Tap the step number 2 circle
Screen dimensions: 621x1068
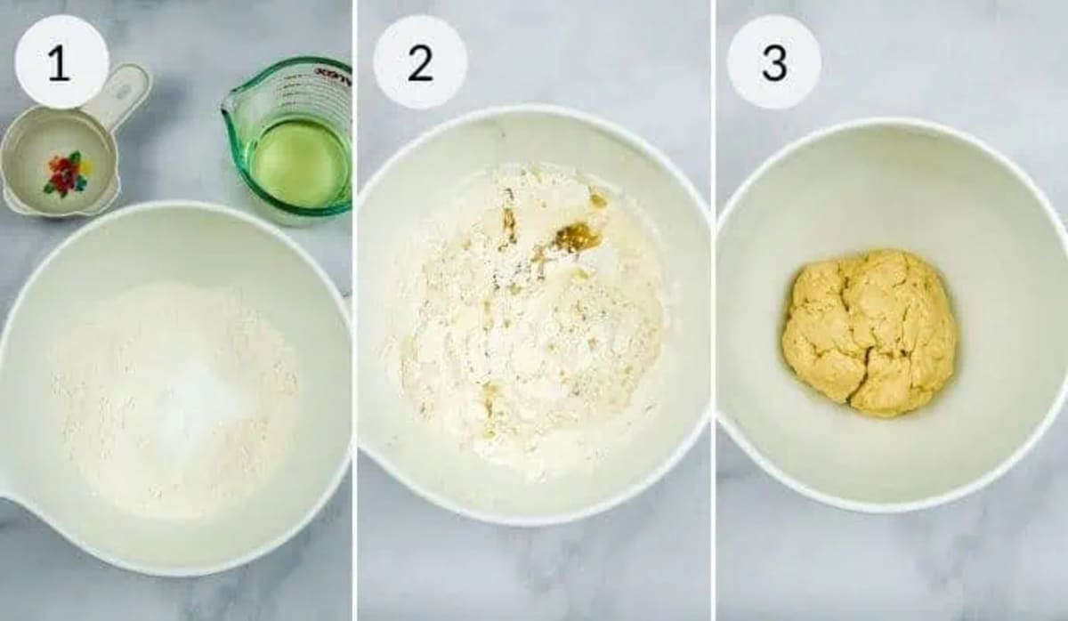(x=419, y=62)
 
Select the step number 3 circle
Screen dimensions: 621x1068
(x=773, y=62)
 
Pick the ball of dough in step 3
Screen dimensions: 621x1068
(x=868, y=332)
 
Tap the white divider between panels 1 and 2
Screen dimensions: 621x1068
(x=354, y=310)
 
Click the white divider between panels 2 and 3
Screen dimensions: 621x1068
(x=713, y=310)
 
